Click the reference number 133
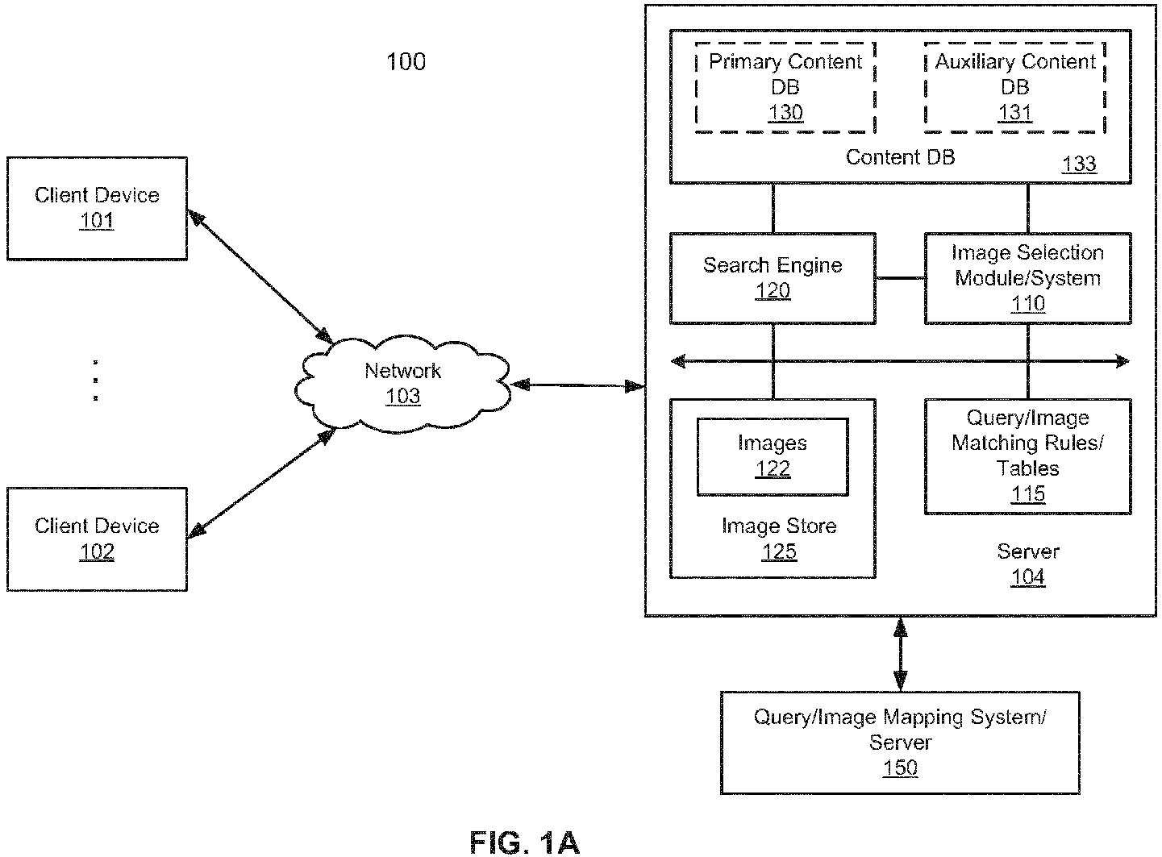[x=1079, y=164]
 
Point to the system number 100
[x=406, y=62]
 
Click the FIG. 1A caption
[x=524, y=842]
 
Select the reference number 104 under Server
[x=1027, y=577]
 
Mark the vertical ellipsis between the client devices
[x=95, y=381]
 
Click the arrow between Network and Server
[x=578, y=385]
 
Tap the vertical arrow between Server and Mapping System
[x=900, y=654]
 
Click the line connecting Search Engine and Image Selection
[x=901, y=279]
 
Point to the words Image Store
[x=779, y=526]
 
